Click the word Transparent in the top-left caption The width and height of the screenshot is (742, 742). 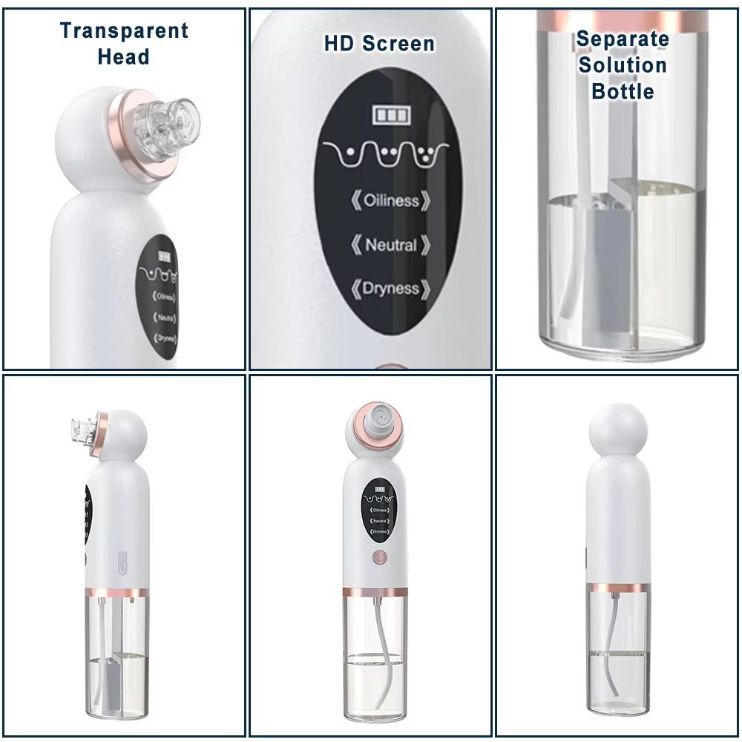[124, 31]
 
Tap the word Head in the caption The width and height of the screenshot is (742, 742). [123, 57]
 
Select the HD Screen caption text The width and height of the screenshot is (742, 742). [378, 44]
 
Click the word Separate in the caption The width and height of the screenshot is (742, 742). [622, 39]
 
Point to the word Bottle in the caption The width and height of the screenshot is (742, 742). [622, 91]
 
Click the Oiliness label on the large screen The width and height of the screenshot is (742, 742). [390, 201]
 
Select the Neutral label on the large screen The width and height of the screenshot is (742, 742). [390, 245]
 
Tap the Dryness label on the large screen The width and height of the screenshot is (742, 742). [390, 289]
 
